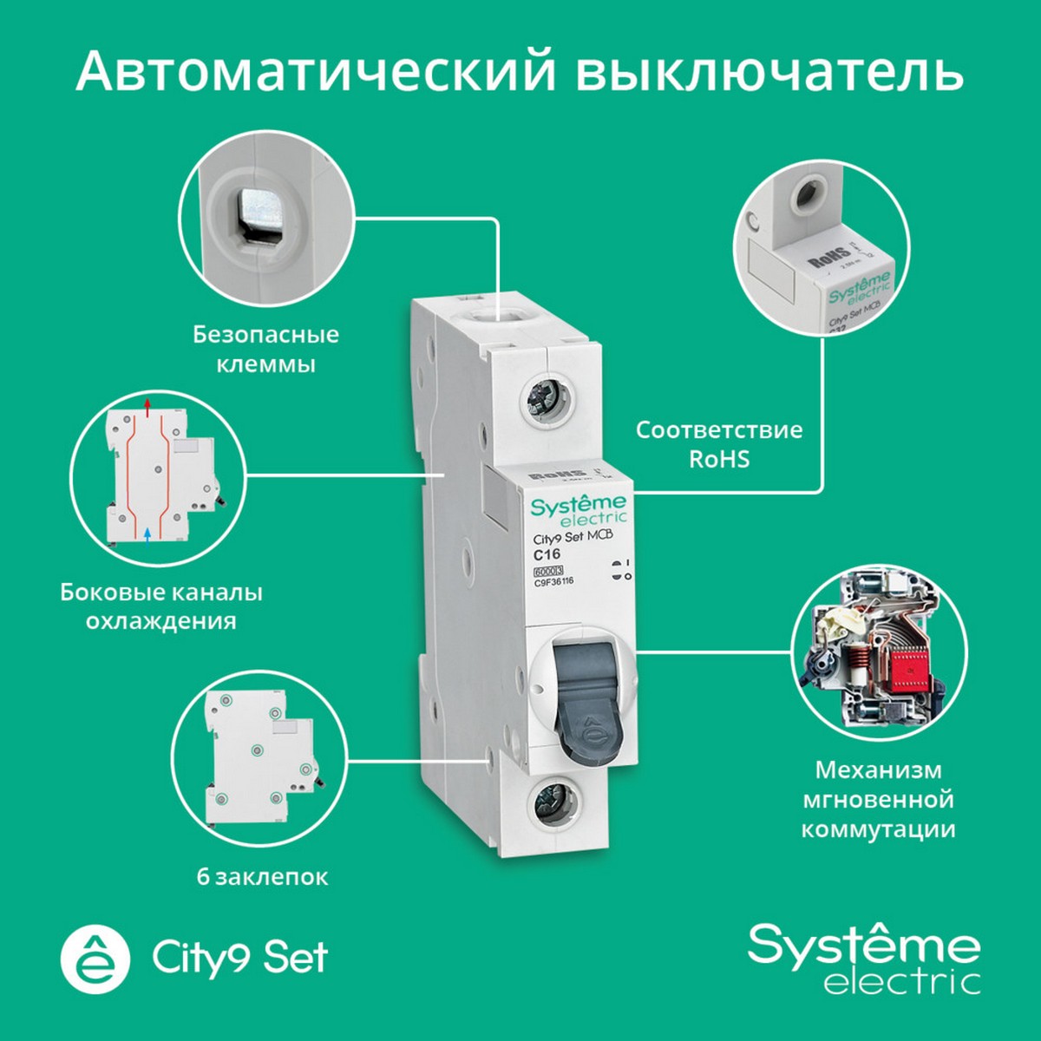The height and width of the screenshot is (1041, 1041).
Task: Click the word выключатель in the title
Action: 769,71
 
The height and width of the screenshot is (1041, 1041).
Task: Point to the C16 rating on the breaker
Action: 547,554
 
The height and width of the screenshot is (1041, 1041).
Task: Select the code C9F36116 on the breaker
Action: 553,582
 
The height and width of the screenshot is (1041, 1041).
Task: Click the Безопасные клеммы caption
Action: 265,349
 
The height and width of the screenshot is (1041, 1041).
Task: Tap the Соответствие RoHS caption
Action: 719,444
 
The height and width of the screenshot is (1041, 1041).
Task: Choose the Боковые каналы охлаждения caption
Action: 161,606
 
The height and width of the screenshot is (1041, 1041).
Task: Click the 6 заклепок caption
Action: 262,877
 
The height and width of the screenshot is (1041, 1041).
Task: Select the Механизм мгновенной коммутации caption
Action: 878,799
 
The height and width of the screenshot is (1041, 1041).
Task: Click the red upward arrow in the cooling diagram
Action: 147,404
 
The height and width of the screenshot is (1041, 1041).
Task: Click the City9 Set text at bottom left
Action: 240,958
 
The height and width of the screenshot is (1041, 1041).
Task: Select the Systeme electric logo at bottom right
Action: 864,959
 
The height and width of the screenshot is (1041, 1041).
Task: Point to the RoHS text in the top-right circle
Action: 828,258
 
